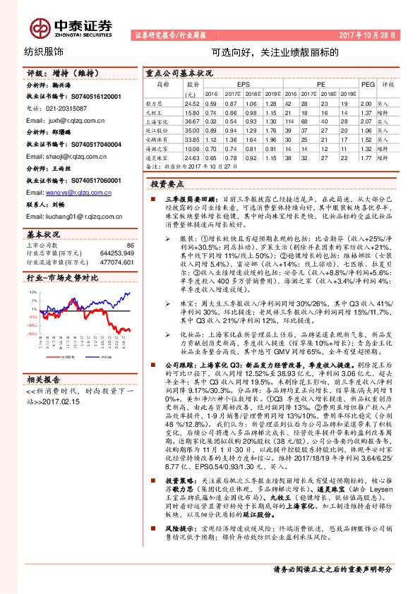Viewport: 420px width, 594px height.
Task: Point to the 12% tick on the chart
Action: (32, 291)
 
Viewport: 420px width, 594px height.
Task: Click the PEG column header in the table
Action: (366, 83)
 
